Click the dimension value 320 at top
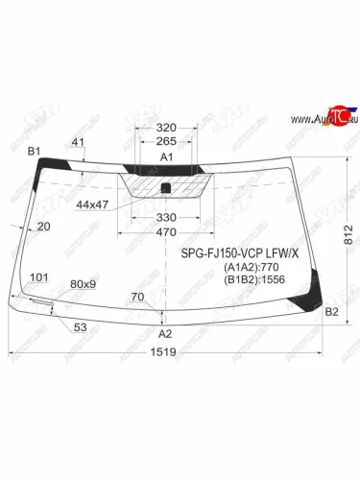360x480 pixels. [166, 127]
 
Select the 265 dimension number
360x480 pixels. [166, 141]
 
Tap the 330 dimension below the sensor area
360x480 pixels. [166, 218]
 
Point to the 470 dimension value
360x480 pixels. [166, 232]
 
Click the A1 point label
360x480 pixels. [166, 156]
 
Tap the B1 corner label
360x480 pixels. [34, 151]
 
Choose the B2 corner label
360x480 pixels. [331, 311]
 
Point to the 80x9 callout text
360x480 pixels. [84, 284]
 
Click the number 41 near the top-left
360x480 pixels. [78, 142]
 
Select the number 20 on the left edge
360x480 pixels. [42, 227]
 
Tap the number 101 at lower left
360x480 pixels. [39, 278]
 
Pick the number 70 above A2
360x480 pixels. [137, 297]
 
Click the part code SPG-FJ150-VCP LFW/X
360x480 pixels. [240, 253]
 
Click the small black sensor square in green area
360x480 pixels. [166, 187]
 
